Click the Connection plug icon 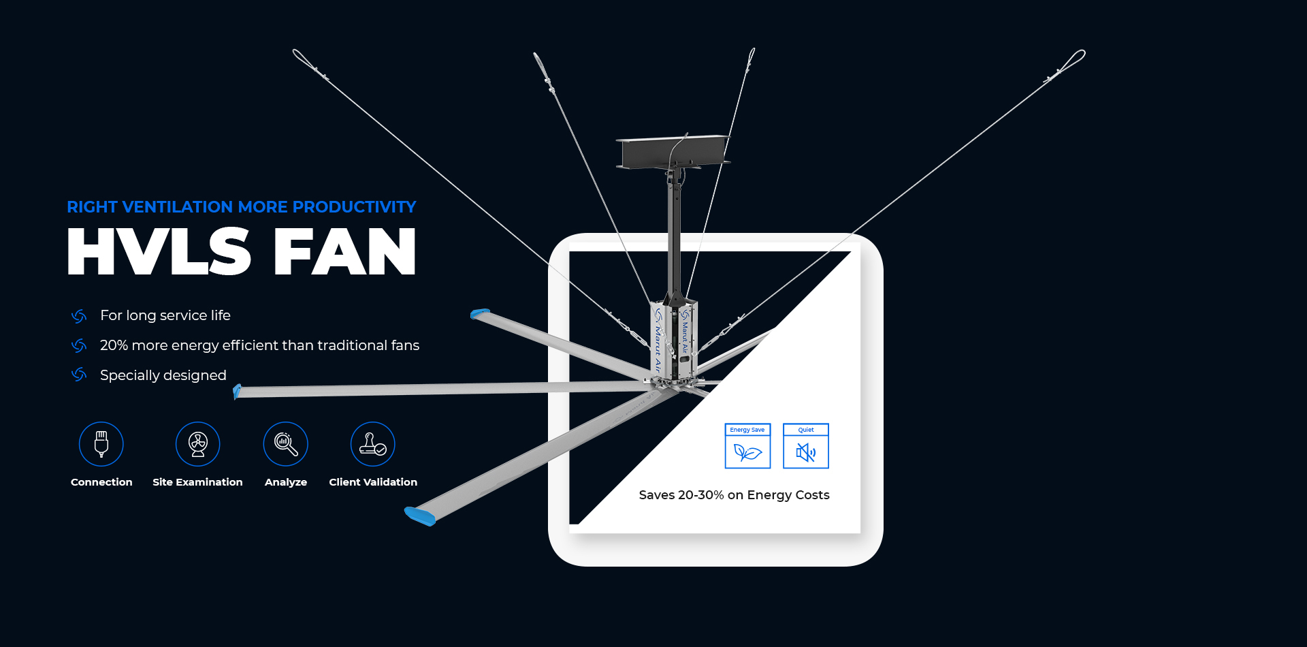(101, 444)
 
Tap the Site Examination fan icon (198, 444)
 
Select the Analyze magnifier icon (286, 444)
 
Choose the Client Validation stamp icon (373, 444)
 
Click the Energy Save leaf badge (747, 446)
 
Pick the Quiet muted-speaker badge (806, 446)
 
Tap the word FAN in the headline (345, 251)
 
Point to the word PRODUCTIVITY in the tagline (355, 207)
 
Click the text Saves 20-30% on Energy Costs (734, 495)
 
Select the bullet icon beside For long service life (79, 316)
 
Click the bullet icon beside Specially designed (79, 375)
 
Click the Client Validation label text (373, 482)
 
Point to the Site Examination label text (197, 482)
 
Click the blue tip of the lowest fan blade (420, 516)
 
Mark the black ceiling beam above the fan (673, 152)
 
